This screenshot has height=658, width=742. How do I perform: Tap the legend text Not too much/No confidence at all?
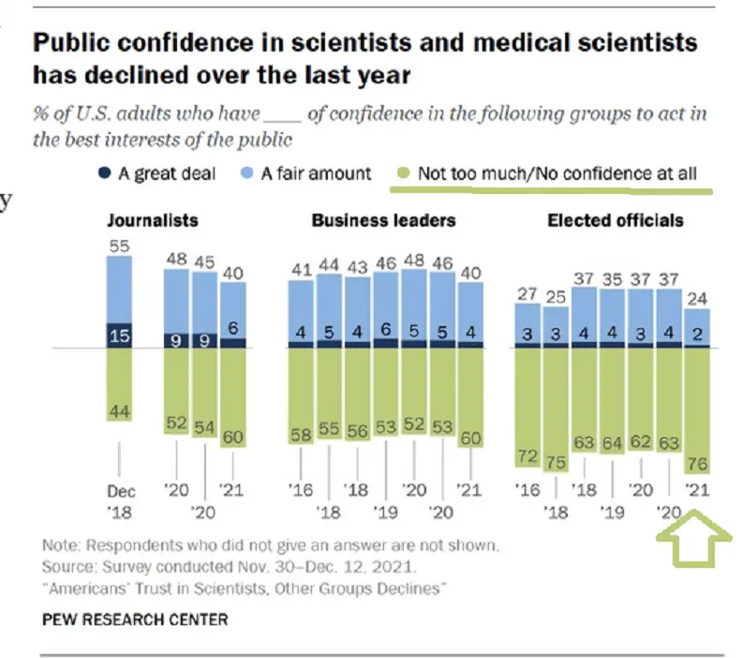pyautogui.click(x=557, y=173)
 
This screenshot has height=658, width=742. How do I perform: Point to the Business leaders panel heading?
pyautogui.click(x=383, y=221)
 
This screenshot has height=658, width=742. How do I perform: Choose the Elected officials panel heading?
pyautogui.click(x=616, y=221)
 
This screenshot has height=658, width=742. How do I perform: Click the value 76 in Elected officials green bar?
pyautogui.click(x=698, y=464)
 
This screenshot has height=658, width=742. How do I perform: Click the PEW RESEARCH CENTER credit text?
pyautogui.click(x=135, y=620)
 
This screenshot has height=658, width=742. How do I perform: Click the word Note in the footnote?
pyautogui.click(x=60, y=545)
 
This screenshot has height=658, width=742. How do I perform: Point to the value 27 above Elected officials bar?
pyautogui.click(x=527, y=293)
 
